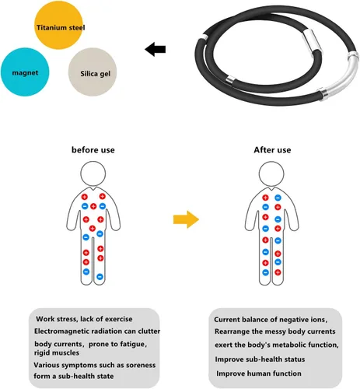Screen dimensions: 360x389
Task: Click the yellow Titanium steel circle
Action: pyautogui.click(x=58, y=25)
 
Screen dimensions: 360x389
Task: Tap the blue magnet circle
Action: pyautogui.click(x=25, y=72)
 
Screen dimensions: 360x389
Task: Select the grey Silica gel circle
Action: pyautogui.click(x=93, y=72)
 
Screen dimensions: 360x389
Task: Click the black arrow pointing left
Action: pyautogui.click(x=155, y=49)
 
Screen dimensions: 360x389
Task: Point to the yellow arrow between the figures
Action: pyautogui.click(x=186, y=219)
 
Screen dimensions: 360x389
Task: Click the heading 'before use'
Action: pyautogui.click(x=93, y=150)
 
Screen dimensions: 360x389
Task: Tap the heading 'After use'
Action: pyautogui.click(x=272, y=150)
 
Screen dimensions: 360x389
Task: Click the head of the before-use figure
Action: pyautogui.click(x=93, y=173)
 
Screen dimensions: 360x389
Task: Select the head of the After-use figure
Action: pyautogui.click(x=271, y=173)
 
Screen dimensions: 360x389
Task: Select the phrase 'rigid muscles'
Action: pyautogui.click(x=57, y=352)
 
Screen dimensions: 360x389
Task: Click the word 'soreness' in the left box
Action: pyautogui.click(x=141, y=365)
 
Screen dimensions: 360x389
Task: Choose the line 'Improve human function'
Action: pyautogui.click(x=259, y=373)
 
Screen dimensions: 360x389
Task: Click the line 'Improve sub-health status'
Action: pyautogui.click(x=260, y=359)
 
